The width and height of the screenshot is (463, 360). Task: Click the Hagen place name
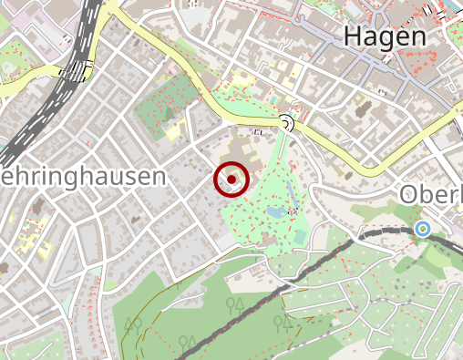point(385,36)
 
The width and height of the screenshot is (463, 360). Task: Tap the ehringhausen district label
point(84,176)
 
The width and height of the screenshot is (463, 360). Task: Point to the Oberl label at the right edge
point(432,194)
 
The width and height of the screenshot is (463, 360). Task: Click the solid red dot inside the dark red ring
point(232,180)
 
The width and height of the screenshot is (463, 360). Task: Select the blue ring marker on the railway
point(421,229)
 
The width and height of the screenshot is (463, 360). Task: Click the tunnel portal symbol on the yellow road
point(287,122)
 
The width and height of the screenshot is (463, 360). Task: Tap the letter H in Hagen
point(354,36)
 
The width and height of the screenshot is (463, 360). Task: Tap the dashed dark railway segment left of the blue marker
point(383,232)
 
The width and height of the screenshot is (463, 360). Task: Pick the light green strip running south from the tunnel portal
point(282,150)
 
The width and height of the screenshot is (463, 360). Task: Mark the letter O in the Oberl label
point(409,194)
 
